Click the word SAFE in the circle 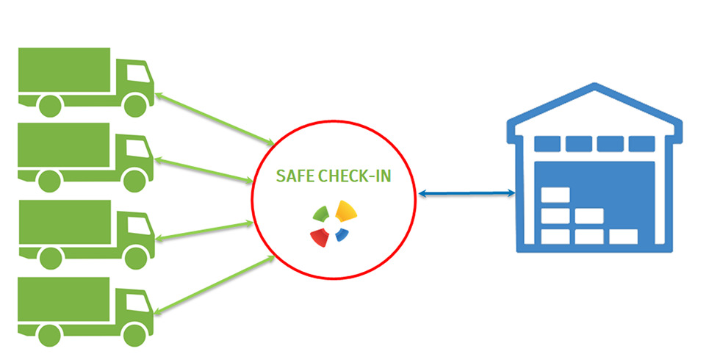[x=292, y=177]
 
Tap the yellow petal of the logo [x=346, y=213]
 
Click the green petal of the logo [x=320, y=214]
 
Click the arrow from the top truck [x=214, y=116]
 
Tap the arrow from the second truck [x=201, y=169]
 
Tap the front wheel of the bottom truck [x=135, y=334]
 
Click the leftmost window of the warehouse [x=547, y=143]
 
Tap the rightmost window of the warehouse [x=642, y=143]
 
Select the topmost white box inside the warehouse [x=555, y=196]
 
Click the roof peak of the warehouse [x=594, y=89]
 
